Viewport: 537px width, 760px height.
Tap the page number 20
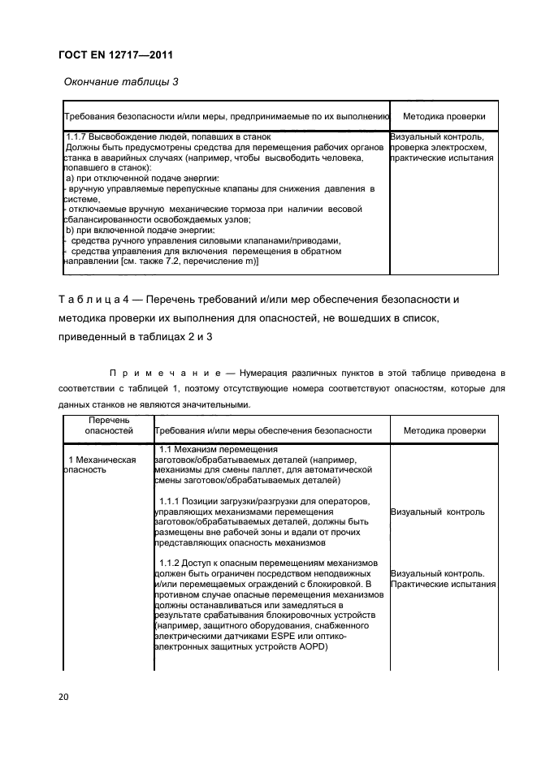coord(63,696)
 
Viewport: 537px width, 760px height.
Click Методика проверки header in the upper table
coord(444,116)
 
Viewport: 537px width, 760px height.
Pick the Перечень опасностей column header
coord(109,425)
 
